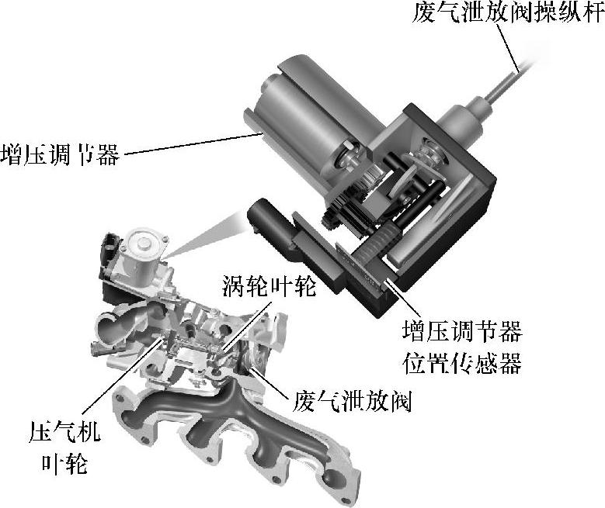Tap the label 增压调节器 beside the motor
coord(61,154)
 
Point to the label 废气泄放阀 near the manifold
coord(353,401)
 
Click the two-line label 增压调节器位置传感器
coord(462,347)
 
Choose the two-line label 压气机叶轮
coord(64,447)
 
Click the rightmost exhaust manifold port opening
coord(336,481)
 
